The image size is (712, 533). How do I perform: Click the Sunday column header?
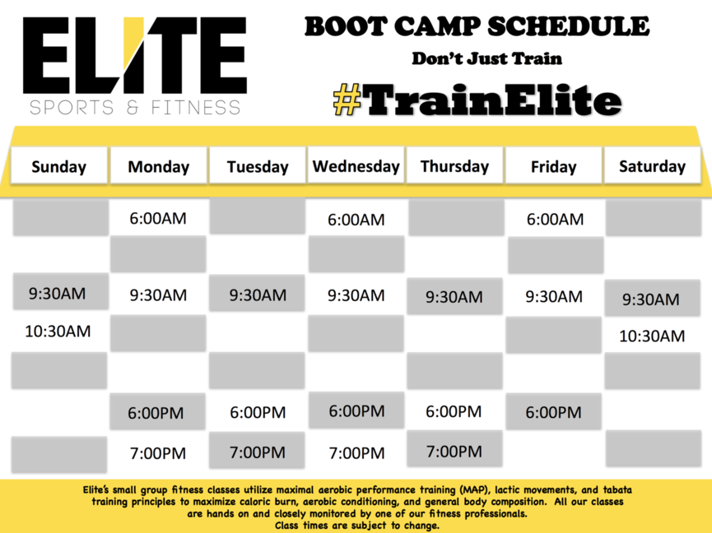pos(59,166)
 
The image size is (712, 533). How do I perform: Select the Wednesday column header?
pos(356,165)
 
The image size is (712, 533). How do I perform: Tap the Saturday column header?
pos(653,165)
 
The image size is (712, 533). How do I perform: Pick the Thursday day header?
pos(454,165)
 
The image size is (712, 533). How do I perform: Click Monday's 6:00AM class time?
pos(158,218)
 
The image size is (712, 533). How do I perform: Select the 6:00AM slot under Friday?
pos(555,219)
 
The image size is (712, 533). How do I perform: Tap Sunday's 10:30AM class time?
pos(58,331)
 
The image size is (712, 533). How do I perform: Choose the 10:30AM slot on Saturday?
pos(652,336)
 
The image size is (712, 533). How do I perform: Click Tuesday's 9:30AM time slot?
pos(258,295)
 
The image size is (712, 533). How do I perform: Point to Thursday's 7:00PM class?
pos(454,452)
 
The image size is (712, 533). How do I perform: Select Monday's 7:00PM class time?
pos(158,453)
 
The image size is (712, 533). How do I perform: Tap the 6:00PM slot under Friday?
pos(553,412)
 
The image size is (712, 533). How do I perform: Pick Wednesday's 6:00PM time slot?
pos(356,411)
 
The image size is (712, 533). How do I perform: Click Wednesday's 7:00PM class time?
pos(356,452)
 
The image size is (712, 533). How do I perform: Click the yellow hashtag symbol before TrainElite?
pos(347,99)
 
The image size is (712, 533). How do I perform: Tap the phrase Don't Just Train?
pos(486,58)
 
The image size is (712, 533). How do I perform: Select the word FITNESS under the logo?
pos(196,108)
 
